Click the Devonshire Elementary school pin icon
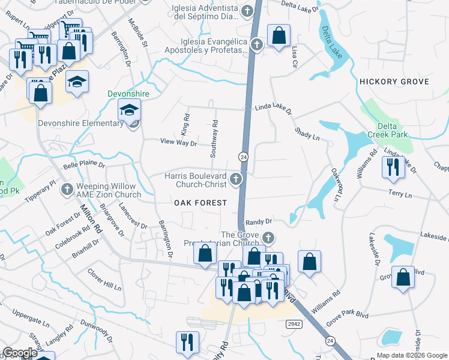130,110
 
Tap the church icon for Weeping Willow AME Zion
67,190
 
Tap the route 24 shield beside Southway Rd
244,157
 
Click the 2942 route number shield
294,324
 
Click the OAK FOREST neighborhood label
200,203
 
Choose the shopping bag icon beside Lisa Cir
279,37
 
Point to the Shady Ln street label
306,133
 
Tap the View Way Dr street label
178,143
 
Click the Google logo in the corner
20,353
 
